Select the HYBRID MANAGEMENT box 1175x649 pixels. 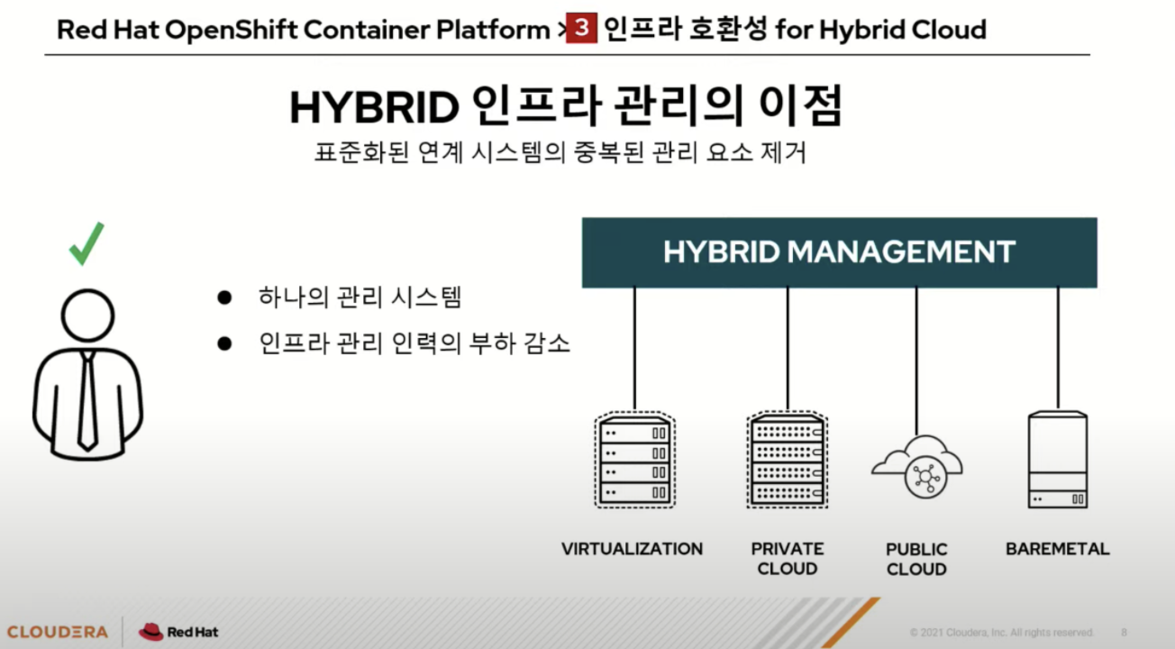[x=839, y=252]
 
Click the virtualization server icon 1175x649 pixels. [x=634, y=460]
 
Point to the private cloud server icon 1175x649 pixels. [x=788, y=460]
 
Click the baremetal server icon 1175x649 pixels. [x=1058, y=460]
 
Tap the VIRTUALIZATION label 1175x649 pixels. [x=632, y=549]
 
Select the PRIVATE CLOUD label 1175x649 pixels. [x=788, y=559]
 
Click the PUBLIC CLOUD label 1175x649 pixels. [x=916, y=559]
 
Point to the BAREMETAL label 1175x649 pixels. [x=1058, y=549]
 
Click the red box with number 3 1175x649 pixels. [x=582, y=29]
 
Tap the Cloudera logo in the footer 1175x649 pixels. [x=57, y=632]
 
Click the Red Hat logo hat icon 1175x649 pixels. [x=150, y=632]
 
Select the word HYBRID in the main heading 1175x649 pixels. [x=375, y=108]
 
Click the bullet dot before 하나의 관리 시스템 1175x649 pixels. [x=224, y=297]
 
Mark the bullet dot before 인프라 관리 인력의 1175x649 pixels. [x=224, y=343]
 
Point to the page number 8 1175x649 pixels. [x=1124, y=632]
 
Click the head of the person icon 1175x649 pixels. [x=87, y=315]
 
